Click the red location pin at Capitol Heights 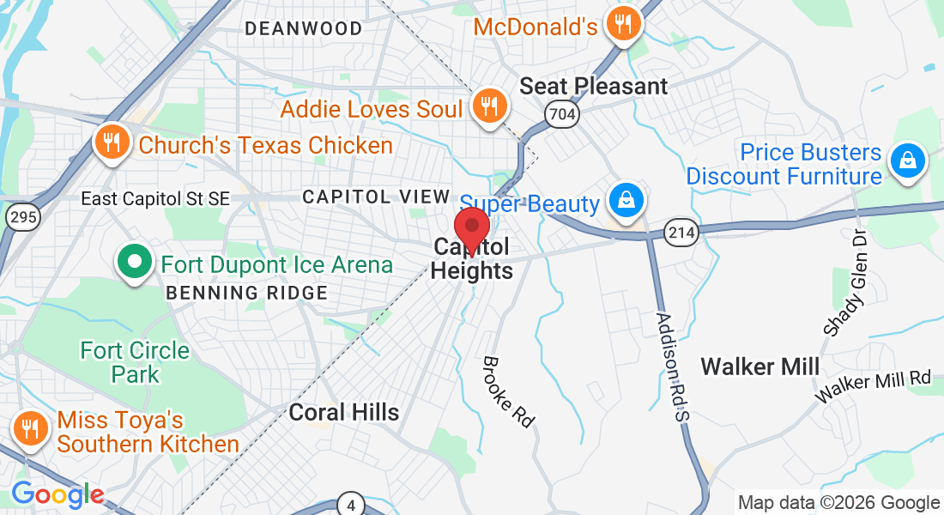(471, 227)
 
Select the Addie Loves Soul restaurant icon (490, 106)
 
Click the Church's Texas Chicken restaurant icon (112, 142)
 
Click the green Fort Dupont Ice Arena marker (134, 264)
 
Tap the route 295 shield (21, 217)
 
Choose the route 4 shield (350, 504)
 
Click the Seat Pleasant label (594, 86)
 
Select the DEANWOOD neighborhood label (304, 29)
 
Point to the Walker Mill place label (759, 367)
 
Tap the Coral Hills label (343, 412)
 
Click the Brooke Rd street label (509, 391)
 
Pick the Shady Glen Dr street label (842, 282)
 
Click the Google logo (57, 494)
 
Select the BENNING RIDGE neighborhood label (247, 293)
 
